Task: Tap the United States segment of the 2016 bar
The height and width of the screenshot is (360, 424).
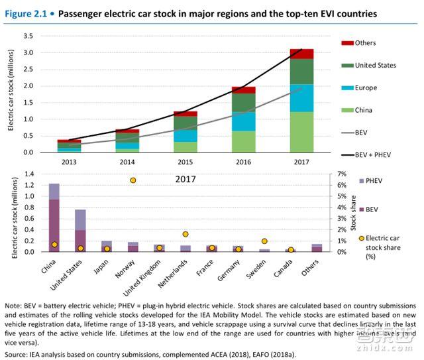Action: click(243, 103)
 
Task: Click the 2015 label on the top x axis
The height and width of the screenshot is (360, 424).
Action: click(185, 161)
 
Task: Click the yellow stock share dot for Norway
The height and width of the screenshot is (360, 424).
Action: click(132, 180)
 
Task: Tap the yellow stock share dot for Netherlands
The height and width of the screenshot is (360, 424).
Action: click(185, 234)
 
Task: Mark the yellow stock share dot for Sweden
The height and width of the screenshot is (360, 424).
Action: click(264, 241)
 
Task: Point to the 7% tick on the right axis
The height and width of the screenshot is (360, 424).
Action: click(323, 174)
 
